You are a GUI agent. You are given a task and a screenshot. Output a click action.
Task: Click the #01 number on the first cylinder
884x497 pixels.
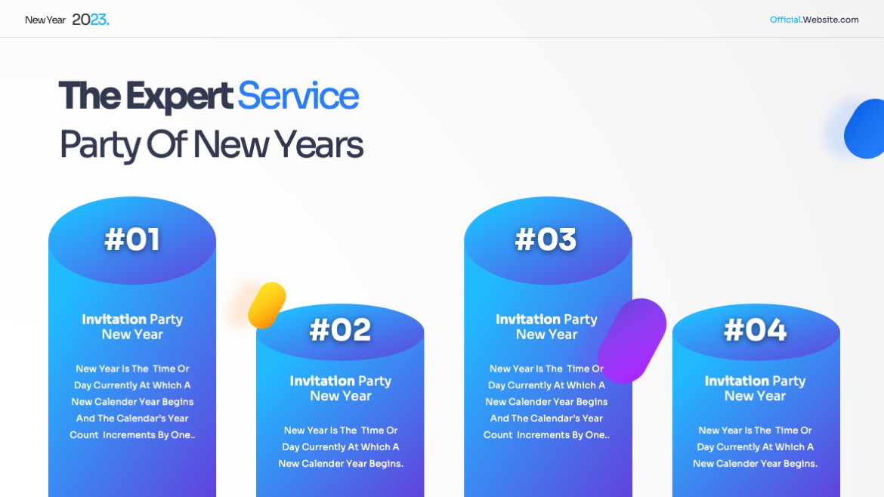pyautogui.click(x=132, y=239)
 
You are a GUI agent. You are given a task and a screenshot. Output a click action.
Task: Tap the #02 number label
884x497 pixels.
pyautogui.click(x=340, y=329)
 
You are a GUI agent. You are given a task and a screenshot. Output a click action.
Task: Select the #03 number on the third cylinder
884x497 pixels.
pyautogui.click(x=546, y=239)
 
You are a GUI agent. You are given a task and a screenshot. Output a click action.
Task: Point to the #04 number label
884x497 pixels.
pyautogui.click(x=755, y=329)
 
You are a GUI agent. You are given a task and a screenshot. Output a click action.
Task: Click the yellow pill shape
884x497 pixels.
pyautogui.click(x=267, y=305)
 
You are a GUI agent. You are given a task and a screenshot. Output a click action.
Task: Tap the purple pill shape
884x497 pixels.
pyautogui.click(x=632, y=341)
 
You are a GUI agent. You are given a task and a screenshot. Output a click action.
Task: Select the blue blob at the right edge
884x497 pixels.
pyautogui.click(x=865, y=128)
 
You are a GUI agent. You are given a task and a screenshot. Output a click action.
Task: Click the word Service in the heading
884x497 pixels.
pyautogui.click(x=298, y=96)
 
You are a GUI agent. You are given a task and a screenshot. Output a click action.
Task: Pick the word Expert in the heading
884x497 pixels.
pyautogui.click(x=179, y=97)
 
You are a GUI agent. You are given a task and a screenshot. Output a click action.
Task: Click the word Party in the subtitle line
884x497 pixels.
pyautogui.click(x=100, y=145)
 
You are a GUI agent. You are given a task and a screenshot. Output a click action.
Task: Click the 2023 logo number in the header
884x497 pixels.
pyautogui.click(x=90, y=20)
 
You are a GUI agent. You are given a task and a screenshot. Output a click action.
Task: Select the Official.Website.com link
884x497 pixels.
pyautogui.click(x=814, y=20)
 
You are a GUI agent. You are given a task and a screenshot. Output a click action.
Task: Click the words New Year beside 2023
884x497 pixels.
pyautogui.click(x=45, y=20)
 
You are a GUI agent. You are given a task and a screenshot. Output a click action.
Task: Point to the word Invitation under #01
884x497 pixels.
pyautogui.click(x=114, y=319)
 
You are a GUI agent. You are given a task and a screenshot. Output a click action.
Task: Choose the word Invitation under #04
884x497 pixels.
pyautogui.click(x=737, y=381)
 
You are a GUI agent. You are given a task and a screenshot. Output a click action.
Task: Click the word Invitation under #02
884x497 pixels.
pyautogui.click(x=322, y=381)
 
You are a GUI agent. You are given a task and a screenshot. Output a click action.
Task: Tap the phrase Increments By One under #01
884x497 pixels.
pyautogui.click(x=148, y=435)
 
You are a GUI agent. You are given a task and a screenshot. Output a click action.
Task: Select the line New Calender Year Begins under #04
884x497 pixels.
pyautogui.click(x=755, y=464)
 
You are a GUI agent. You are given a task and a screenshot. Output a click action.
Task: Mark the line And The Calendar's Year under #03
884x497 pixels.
pyautogui.click(x=546, y=418)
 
